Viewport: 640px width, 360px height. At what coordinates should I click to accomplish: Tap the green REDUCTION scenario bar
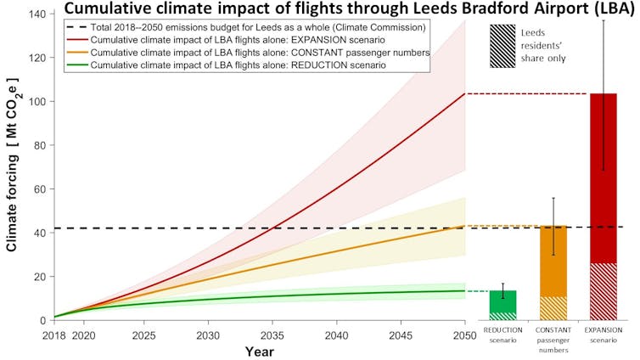point(503,301)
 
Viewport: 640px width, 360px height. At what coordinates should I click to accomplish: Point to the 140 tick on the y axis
point(37,14)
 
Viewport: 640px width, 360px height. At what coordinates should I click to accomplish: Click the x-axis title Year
point(259,351)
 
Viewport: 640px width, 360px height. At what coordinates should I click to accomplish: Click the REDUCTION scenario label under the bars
point(503,334)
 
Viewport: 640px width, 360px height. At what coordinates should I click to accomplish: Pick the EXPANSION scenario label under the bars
point(604,334)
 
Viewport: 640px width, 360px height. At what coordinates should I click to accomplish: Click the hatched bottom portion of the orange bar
point(553,307)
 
